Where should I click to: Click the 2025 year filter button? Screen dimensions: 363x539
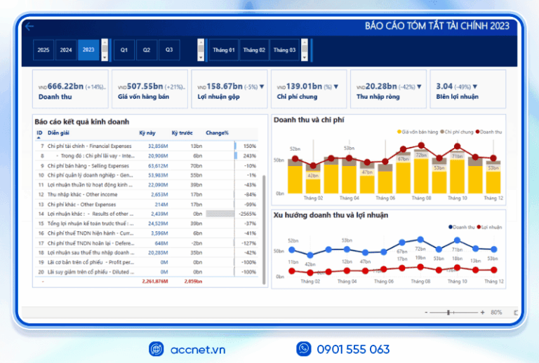44,50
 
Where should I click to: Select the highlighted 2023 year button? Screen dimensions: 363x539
88,50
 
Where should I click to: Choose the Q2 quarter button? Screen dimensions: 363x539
146,50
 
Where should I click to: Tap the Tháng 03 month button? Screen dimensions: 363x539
284,50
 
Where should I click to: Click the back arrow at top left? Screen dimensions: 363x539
29,27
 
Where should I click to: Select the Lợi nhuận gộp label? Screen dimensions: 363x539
218,97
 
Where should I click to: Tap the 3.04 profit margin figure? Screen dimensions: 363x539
444,86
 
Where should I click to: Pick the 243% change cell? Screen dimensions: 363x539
249,156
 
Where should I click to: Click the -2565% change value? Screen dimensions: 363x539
246,213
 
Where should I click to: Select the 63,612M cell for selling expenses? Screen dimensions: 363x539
158,165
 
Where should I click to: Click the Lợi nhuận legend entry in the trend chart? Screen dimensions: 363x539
492,226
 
